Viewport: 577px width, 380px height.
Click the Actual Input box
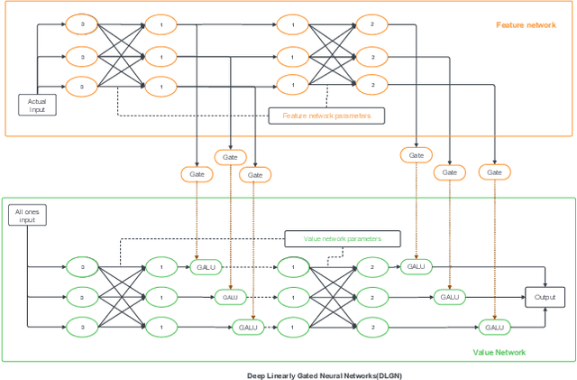point(37,105)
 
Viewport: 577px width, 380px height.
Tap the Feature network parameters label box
point(326,116)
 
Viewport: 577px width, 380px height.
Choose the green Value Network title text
point(499,352)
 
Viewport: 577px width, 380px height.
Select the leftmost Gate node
point(195,172)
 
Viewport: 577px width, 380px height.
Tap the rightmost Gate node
point(494,171)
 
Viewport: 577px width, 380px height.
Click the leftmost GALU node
point(206,267)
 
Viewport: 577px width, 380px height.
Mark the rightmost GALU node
point(492,327)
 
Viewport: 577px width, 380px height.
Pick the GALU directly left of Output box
point(447,296)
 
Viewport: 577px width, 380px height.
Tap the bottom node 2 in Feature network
point(371,86)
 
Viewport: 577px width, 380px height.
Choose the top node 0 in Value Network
point(81,267)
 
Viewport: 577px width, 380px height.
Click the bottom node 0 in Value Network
point(81,327)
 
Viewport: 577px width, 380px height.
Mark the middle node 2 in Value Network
point(371,296)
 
